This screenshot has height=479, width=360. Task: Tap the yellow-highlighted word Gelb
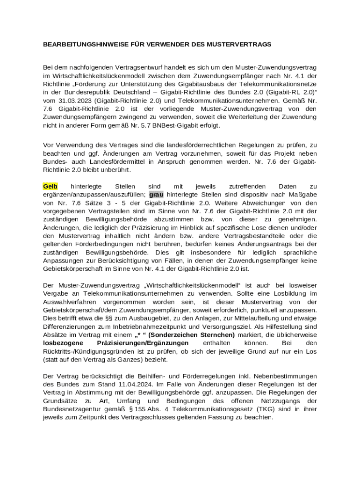(x=50, y=186)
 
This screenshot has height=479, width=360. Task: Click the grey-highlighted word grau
(x=157, y=195)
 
